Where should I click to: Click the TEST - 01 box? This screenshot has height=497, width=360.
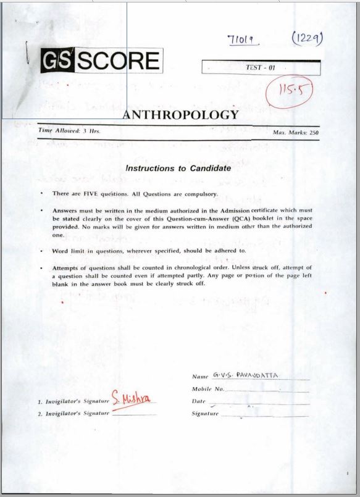tap(261, 67)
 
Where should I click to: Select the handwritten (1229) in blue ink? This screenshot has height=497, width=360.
tap(308, 40)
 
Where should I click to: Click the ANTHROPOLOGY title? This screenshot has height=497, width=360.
tap(180, 115)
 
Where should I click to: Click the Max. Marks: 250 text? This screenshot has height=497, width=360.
tap(295, 132)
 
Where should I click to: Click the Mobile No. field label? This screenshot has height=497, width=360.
tap(207, 390)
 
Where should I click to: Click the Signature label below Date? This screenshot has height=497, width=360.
tap(205, 413)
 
